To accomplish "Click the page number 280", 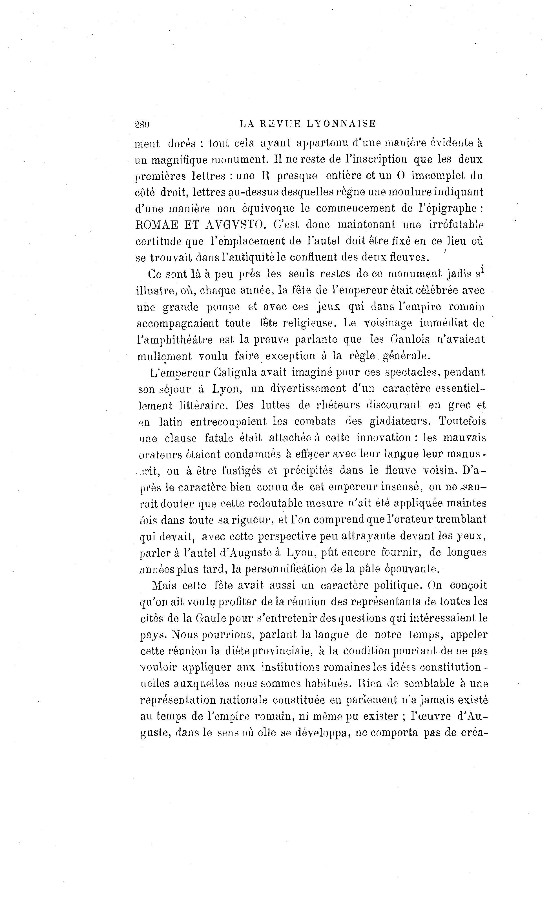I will tap(142, 124).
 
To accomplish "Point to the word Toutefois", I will tap(462, 421).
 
